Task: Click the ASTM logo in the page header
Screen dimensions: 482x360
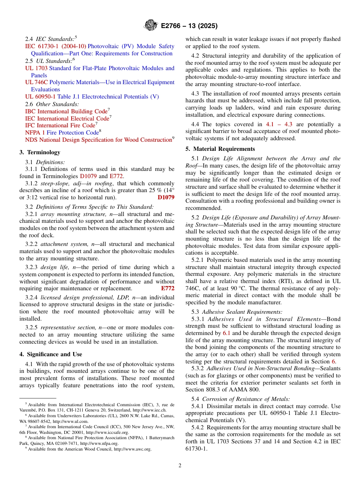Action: pyautogui.click(x=151, y=26)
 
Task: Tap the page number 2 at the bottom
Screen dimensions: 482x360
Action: pyautogui.click(x=180, y=465)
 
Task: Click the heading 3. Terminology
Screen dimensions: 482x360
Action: pyautogui.click(x=40, y=152)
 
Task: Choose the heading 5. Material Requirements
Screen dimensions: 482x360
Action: pyautogui.click(x=220, y=149)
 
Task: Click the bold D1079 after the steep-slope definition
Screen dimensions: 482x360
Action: pyautogui.click(x=166, y=197)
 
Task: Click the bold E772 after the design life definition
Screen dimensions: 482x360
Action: pyautogui.click(x=168, y=288)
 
